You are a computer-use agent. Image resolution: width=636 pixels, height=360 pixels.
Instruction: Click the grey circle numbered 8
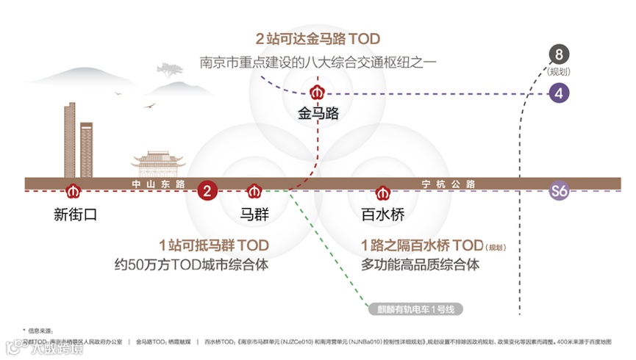(x=560, y=54)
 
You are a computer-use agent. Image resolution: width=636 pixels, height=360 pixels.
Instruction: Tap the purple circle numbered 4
(x=560, y=93)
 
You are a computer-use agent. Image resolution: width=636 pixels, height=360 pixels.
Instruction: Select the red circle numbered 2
(x=207, y=192)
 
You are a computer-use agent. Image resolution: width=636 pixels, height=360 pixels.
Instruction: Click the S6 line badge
(x=560, y=192)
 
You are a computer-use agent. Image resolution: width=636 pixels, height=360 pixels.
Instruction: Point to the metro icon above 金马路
(x=318, y=93)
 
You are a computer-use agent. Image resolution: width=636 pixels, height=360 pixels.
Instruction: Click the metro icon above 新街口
(x=72, y=192)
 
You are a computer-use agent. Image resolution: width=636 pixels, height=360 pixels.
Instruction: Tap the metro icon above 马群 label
(x=254, y=192)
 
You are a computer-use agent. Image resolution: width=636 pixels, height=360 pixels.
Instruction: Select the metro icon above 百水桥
(x=382, y=192)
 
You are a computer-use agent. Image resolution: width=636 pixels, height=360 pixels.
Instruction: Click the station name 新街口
(x=75, y=215)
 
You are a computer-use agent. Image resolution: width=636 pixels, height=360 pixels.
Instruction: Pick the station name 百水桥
(x=382, y=215)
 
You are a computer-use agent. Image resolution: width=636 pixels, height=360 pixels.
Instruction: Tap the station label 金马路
(x=318, y=114)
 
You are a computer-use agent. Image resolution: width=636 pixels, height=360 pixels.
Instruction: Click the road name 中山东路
(x=158, y=183)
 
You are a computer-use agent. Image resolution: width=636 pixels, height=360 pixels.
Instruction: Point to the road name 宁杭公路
(x=449, y=183)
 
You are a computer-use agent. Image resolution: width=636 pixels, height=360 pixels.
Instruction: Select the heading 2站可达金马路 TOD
(x=318, y=39)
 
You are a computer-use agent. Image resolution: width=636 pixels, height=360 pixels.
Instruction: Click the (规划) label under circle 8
(x=560, y=71)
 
